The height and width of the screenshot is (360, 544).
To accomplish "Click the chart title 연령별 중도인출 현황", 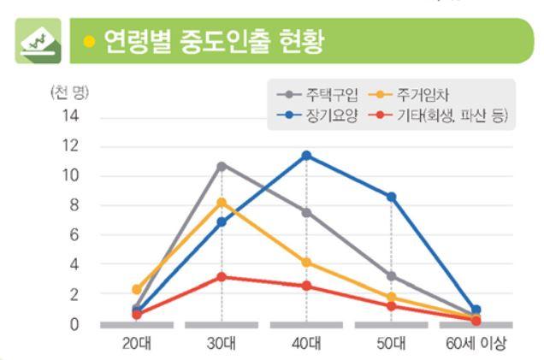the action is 215,41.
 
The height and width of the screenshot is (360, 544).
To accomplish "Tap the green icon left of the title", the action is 38,41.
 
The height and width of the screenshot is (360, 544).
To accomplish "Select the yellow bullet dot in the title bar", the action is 89,41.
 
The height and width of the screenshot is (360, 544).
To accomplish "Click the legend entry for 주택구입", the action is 317,94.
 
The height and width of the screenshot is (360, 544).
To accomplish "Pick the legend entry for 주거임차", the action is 409,94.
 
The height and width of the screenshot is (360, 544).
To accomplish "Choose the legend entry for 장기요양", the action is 317,115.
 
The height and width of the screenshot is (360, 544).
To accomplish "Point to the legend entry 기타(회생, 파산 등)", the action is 438,115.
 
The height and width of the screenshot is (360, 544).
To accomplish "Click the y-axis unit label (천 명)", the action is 70,92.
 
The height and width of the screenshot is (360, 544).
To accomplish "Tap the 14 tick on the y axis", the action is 70,115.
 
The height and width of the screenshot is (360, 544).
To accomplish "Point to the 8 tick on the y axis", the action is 74,205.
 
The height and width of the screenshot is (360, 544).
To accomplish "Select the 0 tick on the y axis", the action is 74,325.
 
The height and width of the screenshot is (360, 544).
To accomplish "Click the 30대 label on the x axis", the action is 222,344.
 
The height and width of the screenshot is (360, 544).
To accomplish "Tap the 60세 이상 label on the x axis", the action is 476,344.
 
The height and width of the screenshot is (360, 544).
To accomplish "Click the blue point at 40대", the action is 306,156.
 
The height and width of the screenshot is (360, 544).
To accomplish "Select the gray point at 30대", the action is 222,167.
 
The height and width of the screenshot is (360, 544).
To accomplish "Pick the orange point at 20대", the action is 137,289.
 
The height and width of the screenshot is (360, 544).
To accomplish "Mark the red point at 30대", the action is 222,277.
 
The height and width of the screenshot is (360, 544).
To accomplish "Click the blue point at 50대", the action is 392,197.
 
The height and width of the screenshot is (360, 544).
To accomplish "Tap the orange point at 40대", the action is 306,263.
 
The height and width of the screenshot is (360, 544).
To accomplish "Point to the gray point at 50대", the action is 392,276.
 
